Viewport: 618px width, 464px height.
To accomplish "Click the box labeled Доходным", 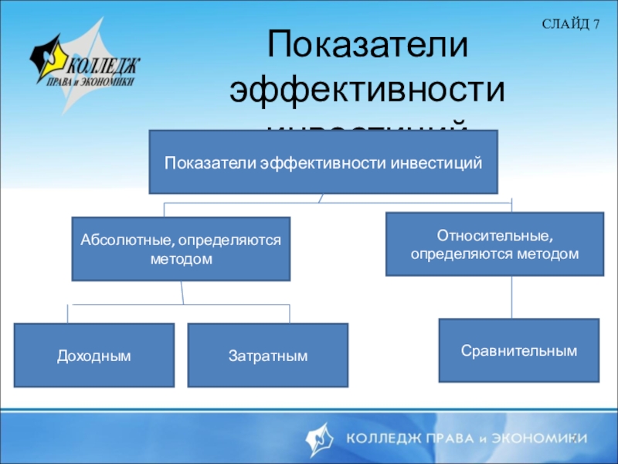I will (93, 355).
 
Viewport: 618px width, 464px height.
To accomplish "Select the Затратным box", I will (268, 356).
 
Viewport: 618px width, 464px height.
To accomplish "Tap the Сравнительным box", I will (519, 350).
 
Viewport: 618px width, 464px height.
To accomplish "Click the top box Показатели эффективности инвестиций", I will (323, 162).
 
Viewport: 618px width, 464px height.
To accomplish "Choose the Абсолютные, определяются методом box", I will (181, 249).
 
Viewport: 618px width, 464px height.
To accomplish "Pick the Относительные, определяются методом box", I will (494, 244).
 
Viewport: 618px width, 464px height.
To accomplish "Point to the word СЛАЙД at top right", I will (565, 25).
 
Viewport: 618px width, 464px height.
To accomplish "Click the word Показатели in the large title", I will (368, 46).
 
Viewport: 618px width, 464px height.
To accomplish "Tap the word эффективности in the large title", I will (368, 90).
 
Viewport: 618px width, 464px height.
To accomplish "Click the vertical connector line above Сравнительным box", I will (511, 297).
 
